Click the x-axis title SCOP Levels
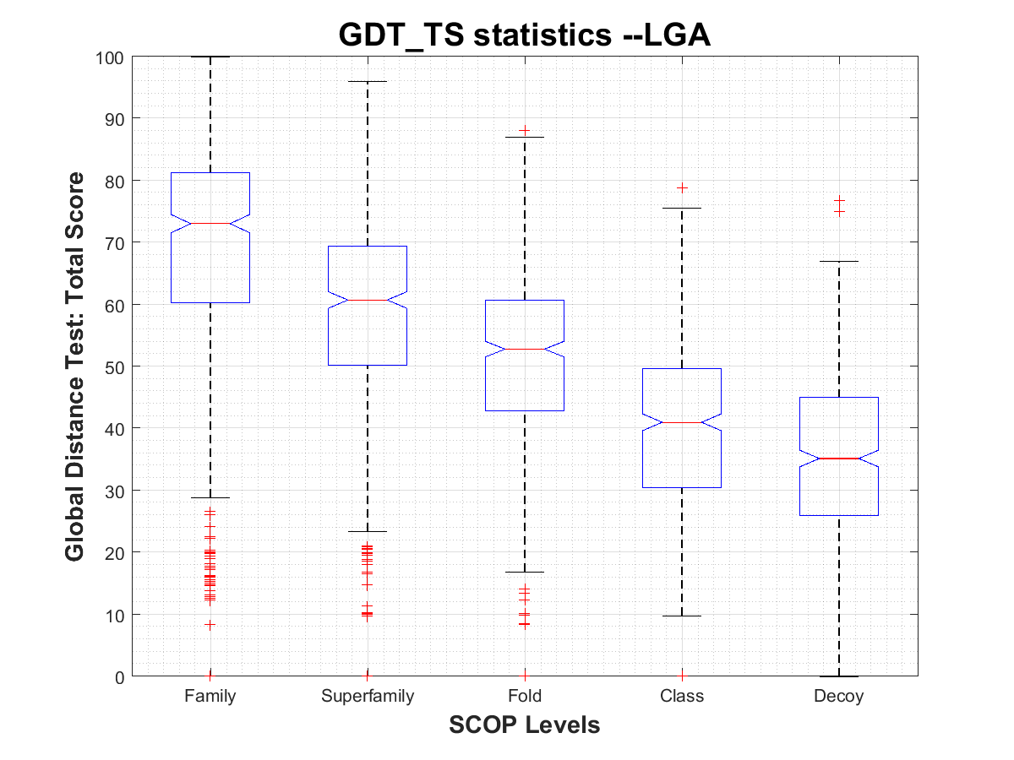tap(525, 725)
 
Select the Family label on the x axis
tap(210, 697)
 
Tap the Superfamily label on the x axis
tap(368, 697)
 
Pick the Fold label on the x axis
tap(525, 697)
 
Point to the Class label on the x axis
tap(682, 697)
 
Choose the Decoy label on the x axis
tap(839, 697)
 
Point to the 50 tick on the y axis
tap(117, 366)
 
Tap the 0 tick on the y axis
tap(121, 676)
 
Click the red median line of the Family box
tap(210, 224)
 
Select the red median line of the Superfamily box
tap(368, 300)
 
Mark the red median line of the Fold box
tap(525, 349)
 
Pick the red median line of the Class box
tap(682, 422)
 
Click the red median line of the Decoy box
tap(839, 459)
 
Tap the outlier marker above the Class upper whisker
tap(682, 187)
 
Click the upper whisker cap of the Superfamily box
tap(368, 82)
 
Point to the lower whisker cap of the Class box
tap(682, 616)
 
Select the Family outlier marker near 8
tap(210, 625)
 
